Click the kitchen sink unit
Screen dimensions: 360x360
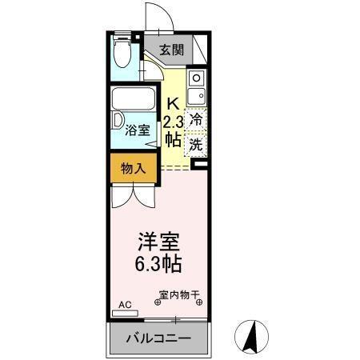click(x=197, y=88)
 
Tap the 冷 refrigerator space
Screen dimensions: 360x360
click(x=196, y=118)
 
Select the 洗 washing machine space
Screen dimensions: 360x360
click(x=196, y=145)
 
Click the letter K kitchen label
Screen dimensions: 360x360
click(x=172, y=102)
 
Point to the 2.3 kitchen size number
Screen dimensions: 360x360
click(x=173, y=121)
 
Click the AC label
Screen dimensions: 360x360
click(x=125, y=305)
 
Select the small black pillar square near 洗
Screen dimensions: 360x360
click(x=200, y=166)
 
